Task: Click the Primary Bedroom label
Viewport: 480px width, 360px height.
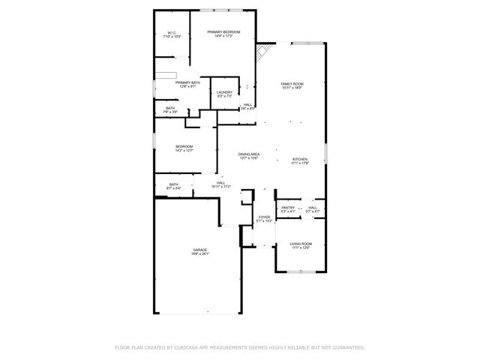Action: point(227,31)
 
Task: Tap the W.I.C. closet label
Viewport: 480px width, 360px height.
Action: point(172,33)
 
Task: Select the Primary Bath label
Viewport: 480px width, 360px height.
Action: point(187,82)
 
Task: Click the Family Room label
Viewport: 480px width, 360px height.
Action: point(292,84)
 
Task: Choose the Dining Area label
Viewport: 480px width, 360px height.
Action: point(249,154)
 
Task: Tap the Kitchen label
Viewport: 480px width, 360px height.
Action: point(299,159)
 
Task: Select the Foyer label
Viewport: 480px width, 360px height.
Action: point(264,217)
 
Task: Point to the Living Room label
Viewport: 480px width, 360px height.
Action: point(301,244)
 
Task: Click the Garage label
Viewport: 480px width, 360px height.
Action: point(199,250)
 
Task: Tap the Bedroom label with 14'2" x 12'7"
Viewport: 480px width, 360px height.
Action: point(184,146)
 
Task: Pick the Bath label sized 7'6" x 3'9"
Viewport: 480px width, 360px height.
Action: point(171,108)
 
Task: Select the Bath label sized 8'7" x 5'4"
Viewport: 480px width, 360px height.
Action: point(173,184)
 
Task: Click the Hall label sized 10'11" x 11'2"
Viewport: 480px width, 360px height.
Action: point(221,182)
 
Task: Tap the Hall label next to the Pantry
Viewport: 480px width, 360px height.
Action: point(313,208)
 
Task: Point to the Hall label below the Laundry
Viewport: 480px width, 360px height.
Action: point(247,105)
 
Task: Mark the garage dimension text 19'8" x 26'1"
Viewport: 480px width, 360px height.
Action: point(199,254)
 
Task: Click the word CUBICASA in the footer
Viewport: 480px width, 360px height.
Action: point(187,348)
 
